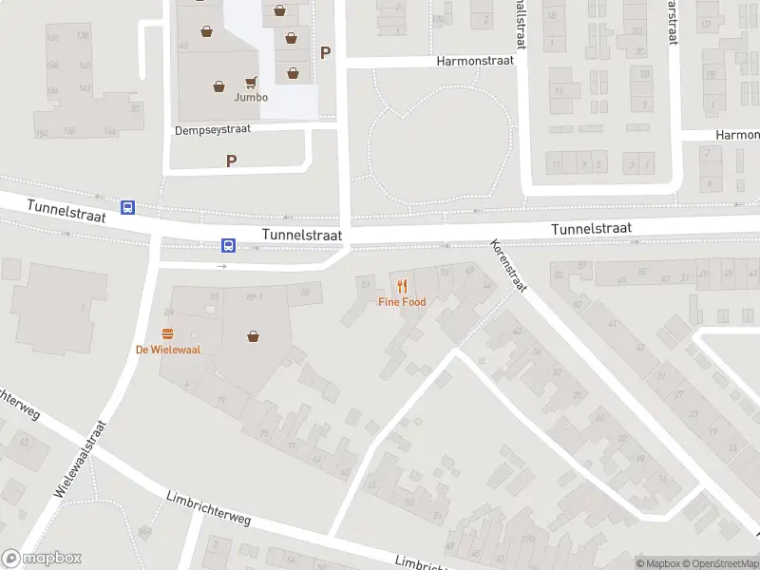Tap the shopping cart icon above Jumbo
point(252,83)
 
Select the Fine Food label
point(402,302)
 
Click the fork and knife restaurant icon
point(402,285)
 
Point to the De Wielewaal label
point(167,349)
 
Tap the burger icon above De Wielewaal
point(168,333)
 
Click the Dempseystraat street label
point(212,129)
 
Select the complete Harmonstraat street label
point(475,60)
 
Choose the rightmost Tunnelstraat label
point(592,228)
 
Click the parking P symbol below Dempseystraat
point(231,161)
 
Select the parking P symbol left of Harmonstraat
point(326,53)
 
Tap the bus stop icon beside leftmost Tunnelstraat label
point(127,207)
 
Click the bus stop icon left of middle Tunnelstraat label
point(229,245)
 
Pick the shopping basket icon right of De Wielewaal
point(254,335)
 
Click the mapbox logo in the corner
point(42,559)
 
